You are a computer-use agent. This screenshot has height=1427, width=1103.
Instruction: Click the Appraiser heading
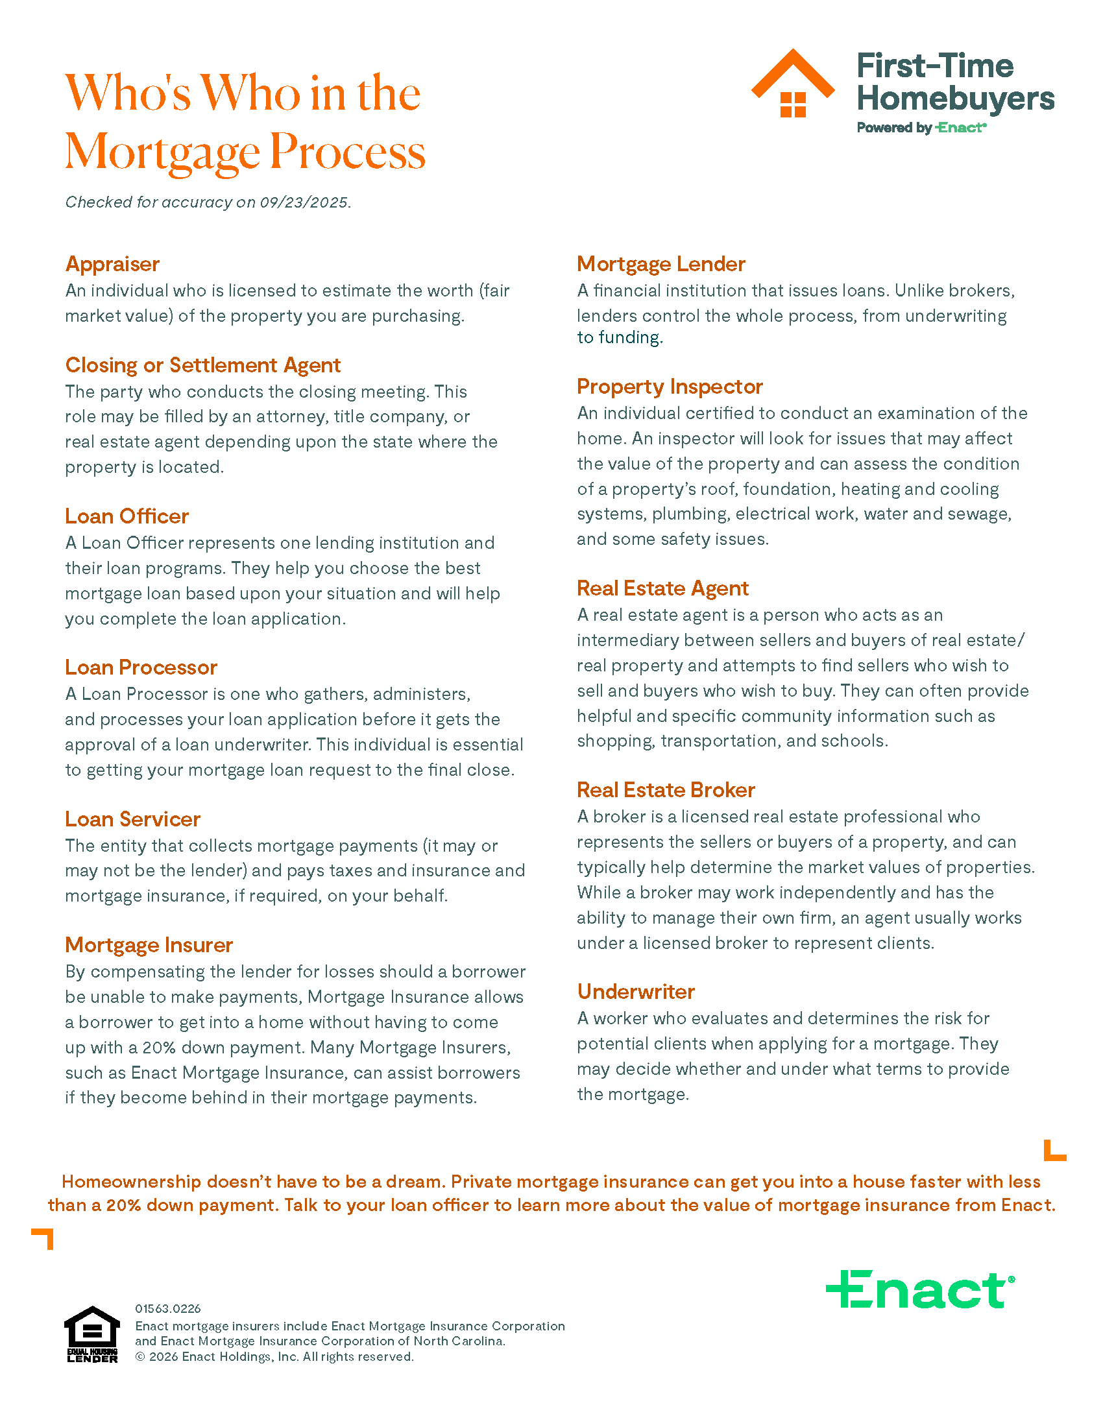point(112,264)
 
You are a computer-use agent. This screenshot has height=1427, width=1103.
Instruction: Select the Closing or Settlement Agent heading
point(202,365)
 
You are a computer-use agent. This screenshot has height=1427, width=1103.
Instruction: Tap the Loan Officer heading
point(127,516)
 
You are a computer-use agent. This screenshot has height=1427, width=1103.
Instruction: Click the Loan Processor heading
point(141,667)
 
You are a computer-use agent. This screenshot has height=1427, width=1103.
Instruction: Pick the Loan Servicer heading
point(132,819)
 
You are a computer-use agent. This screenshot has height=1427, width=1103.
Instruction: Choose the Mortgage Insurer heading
point(149,945)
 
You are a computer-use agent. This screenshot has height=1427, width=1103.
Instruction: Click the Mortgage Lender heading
point(661,264)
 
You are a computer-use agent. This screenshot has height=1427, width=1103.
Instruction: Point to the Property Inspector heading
point(670,387)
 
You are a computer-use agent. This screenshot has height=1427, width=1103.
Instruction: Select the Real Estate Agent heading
point(662,588)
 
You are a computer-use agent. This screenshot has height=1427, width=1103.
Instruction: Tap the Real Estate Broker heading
point(666,790)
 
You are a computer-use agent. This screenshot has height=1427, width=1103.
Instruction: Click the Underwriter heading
point(636,992)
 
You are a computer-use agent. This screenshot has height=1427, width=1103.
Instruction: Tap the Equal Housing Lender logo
point(92,1334)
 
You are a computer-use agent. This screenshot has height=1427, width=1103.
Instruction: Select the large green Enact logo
point(920,1289)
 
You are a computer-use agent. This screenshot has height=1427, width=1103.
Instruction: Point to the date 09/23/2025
point(304,202)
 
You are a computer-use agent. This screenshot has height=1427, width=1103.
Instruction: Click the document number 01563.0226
point(168,1308)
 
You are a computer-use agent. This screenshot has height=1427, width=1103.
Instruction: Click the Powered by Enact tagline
point(921,128)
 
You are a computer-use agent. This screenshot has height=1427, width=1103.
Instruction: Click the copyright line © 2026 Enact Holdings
point(274,1356)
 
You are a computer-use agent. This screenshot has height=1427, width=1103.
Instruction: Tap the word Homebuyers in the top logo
point(955,99)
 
